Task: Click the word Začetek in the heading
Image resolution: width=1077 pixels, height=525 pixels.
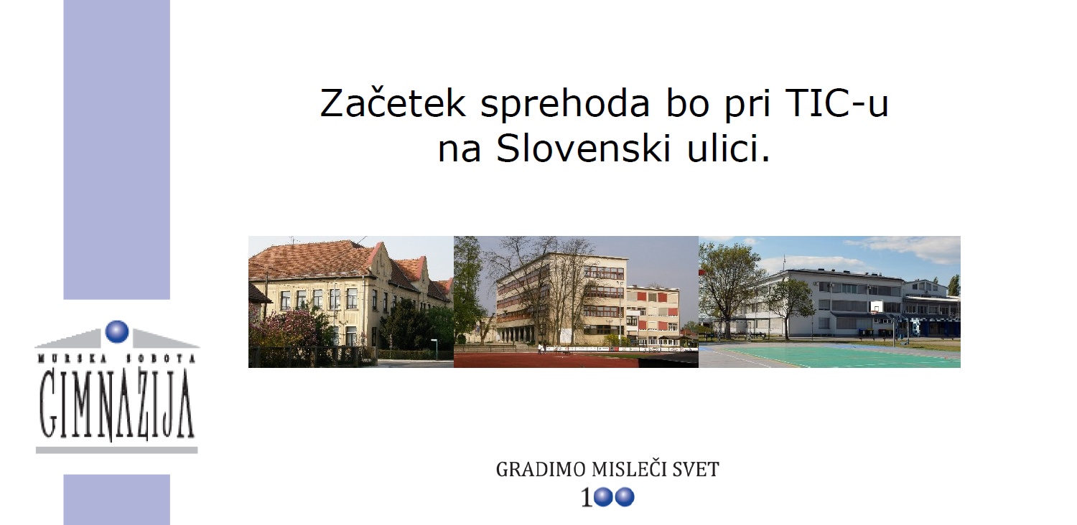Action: click(x=392, y=103)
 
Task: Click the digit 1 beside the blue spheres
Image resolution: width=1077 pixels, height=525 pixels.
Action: click(x=587, y=498)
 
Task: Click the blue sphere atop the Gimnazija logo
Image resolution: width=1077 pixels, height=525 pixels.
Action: click(x=117, y=331)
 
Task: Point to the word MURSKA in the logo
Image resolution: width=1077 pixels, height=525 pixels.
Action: click(x=69, y=359)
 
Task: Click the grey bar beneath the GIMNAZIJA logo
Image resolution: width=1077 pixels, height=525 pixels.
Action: click(x=117, y=450)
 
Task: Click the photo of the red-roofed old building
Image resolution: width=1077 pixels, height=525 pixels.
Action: click(x=351, y=302)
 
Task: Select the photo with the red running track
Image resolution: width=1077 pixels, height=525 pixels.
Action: click(x=576, y=302)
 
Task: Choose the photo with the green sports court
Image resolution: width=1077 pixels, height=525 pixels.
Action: click(x=829, y=302)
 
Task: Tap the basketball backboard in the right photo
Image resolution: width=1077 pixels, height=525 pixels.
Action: click(x=877, y=306)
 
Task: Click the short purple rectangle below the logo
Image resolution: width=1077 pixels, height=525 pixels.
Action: click(x=117, y=500)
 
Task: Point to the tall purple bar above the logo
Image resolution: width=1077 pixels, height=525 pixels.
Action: click(x=117, y=149)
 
